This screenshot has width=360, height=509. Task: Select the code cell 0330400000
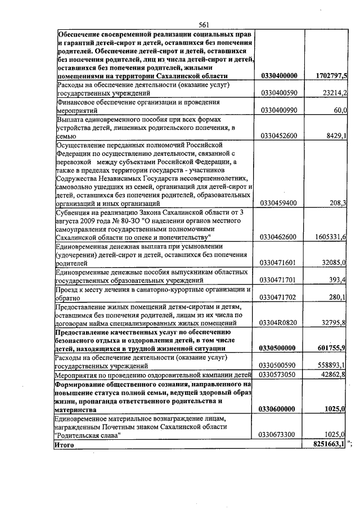[280, 76]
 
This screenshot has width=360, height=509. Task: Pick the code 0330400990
[280, 111]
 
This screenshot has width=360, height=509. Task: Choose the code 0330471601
[280, 263]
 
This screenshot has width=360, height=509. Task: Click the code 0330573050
[280, 373]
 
